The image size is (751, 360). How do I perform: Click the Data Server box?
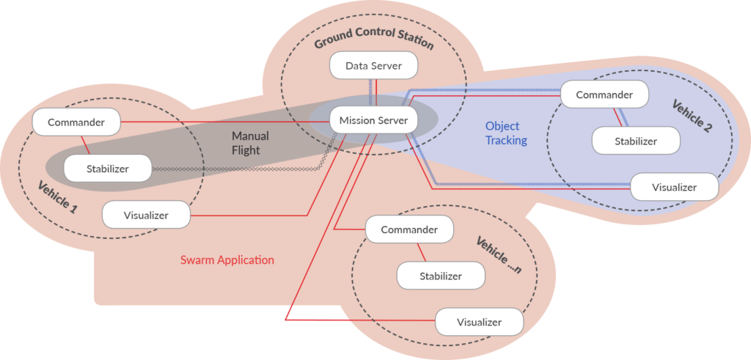374,66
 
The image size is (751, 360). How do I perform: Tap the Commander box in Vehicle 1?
76,122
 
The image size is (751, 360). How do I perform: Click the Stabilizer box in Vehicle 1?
107,169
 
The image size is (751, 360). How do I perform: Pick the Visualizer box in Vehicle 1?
146,215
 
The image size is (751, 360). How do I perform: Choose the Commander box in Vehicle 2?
604,95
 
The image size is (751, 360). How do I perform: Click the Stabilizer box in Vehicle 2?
635,141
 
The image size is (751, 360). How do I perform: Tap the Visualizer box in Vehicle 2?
674,187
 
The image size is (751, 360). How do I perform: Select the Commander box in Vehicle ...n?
409,229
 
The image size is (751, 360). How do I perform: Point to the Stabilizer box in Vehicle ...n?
441,276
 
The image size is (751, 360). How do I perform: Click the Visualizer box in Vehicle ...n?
479,322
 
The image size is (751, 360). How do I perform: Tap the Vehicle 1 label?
57,197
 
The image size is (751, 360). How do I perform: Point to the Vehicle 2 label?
692,116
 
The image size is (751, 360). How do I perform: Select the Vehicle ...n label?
498,256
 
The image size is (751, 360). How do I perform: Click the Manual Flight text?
250,143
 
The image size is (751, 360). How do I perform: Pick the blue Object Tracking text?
506,133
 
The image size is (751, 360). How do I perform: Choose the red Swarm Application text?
227,260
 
